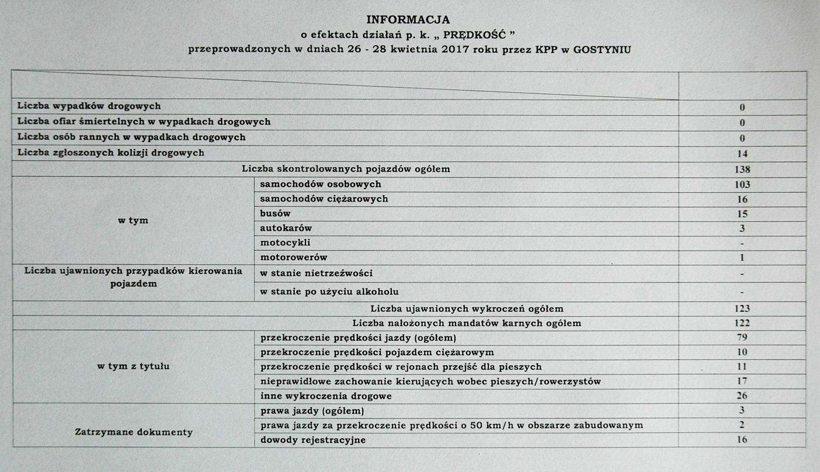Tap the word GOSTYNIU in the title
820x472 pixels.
click(602, 50)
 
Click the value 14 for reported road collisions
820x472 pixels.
click(742, 154)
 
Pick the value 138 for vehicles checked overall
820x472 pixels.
click(742, 169)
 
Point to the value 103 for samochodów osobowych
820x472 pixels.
click(742, 185)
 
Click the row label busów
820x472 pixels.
click(276, 214)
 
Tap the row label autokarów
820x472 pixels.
click(286, 228)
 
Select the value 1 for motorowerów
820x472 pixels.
click(742, 258)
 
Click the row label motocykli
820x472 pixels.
click(286, 243)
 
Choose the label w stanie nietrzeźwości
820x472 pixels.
click(317, 273)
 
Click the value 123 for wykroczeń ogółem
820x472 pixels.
click(742, 308)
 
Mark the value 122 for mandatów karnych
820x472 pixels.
click(742, 323)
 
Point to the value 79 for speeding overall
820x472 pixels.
click(742, 338)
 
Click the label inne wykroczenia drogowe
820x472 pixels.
click(326, 396)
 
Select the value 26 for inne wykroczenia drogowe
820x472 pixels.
click(742, 396)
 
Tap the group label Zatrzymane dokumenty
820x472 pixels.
click(134, 433)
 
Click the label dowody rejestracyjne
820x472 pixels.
click(313, 440)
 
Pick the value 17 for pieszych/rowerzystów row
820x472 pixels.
click(742, 381)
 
